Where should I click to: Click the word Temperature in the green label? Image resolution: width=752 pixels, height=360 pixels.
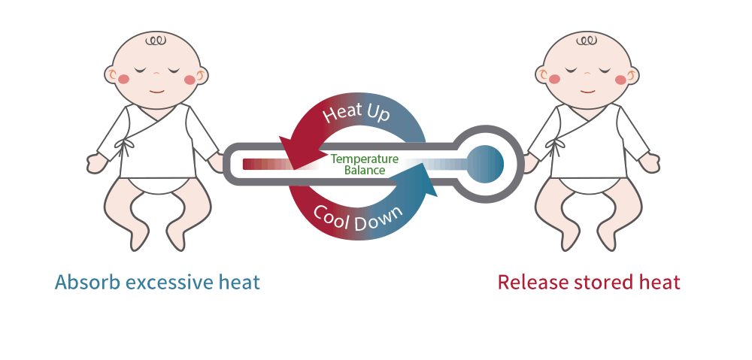click(x=365, y=159)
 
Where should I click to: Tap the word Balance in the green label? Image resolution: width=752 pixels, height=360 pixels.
click(x=365, y=170)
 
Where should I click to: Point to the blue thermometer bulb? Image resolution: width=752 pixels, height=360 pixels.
click(x=485, y=164)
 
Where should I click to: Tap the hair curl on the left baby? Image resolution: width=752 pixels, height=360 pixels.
click(x=156, y=41)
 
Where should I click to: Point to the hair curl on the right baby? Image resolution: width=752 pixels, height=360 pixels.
click(x=586, y=41)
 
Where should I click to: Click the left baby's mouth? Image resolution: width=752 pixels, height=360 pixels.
click(x=156, y=91)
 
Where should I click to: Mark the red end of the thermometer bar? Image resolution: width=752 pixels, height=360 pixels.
click(x=246, y=164)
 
